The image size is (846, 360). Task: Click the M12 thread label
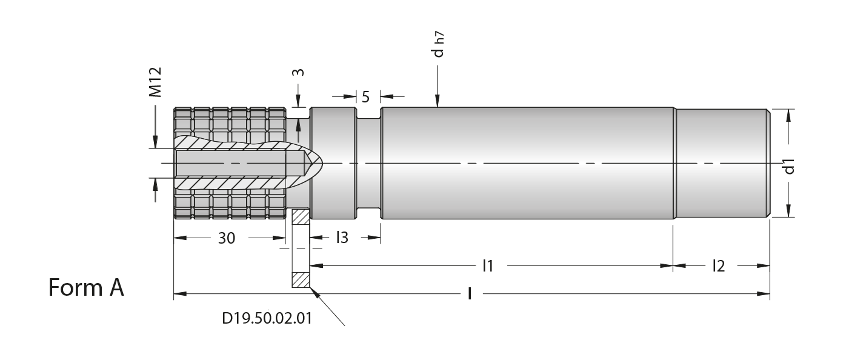tap(156, 82)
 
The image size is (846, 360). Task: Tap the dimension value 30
tap(227, 238)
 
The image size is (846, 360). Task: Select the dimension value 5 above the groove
tap(365, 97)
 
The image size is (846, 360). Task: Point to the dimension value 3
tap(299, 72)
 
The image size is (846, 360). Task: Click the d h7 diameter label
tap(439, 45)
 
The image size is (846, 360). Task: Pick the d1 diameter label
tap(789, 167)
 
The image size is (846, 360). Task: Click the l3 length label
tap(342, 237)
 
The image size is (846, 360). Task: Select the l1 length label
tap(488, 266)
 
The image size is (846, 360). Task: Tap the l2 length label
tap(718, 266)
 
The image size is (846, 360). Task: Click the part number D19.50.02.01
tap(267, 318)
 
